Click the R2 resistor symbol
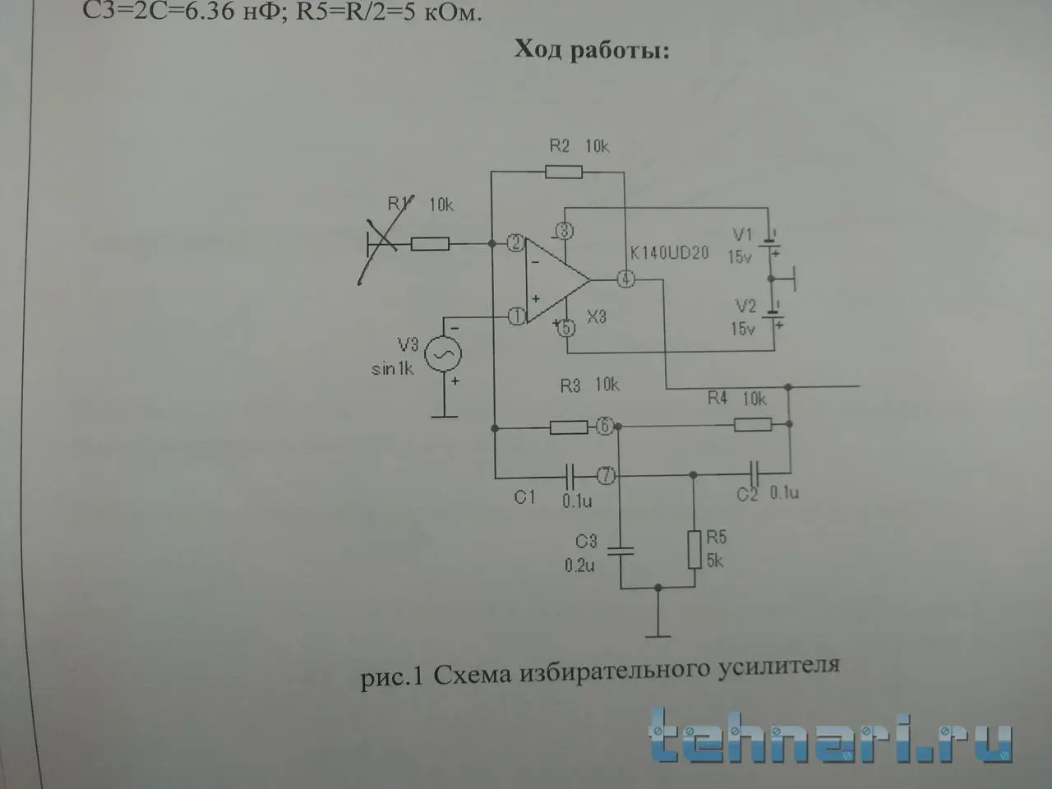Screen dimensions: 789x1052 (564, 172)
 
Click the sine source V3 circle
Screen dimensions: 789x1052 (442, 354)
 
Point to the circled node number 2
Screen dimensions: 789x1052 (515, 243)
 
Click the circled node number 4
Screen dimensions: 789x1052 (626, 279)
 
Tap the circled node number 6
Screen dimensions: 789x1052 (604, 427)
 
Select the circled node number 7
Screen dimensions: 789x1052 (605, 475)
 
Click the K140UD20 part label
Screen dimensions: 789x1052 (669, 253)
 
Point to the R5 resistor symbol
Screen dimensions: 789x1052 (694, 549)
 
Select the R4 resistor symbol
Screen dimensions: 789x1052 (753, 424)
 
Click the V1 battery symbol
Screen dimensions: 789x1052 (770, 244)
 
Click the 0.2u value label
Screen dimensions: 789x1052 (579, 565)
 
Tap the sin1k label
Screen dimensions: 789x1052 (392, 369)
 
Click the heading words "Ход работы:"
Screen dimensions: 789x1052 (592, 50)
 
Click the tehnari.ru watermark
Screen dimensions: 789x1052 (830, 733)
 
